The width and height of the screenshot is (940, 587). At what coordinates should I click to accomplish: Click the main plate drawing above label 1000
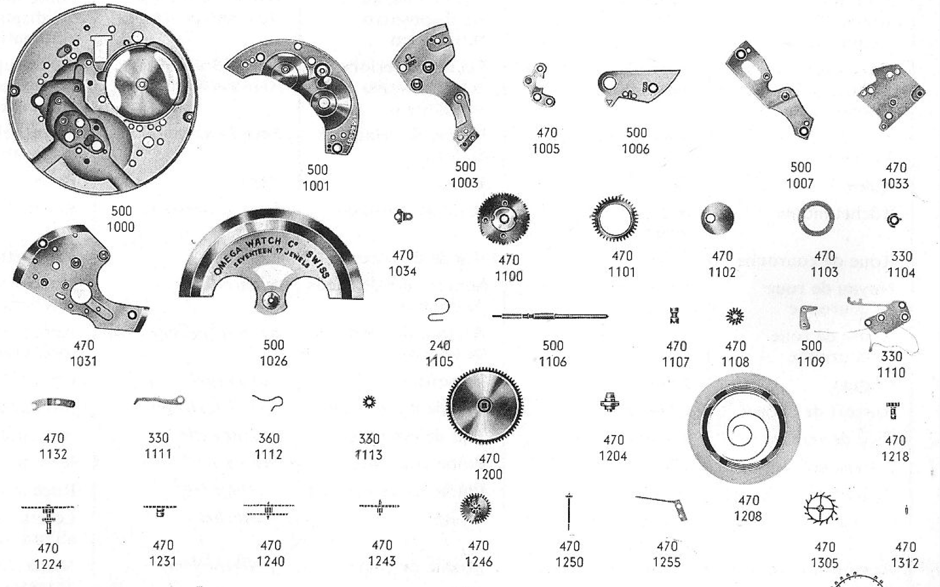[x=100, y=106]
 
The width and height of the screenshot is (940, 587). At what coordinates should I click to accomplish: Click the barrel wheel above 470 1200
[x=484, y=406]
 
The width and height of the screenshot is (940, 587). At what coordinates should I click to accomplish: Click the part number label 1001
[x=316, y=186]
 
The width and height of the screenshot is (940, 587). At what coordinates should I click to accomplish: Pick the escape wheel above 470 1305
[x=821, y=509]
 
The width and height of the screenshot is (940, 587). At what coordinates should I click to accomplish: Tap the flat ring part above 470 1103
[x=817, y=218]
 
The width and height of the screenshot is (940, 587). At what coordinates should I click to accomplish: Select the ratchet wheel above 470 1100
[x=503, y=219]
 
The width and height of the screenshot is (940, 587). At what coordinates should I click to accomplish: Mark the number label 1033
[x=895, y=184]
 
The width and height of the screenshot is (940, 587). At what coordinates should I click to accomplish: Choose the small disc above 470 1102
[x=717, y=219]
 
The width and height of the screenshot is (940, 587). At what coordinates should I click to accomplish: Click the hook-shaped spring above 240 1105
[x=439, y=310]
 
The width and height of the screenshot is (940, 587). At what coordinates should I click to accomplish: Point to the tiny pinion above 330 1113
[x=369, y=402]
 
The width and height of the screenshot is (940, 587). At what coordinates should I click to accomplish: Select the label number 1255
[x=667, y=562]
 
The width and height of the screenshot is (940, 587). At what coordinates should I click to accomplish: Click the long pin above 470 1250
[x=569, y=512]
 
